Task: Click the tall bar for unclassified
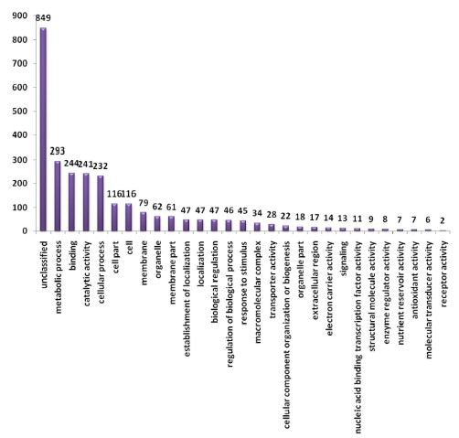click(x=43, y=129)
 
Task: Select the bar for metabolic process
click(x=58, y=196)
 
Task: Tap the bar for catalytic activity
click(x=86, y=202)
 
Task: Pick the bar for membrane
click(x=143, y=221)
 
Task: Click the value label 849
click(x=43, y=18)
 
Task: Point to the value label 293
click(x=58, y=151)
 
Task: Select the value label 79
click(x=144, y=203)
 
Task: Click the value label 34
click(x=257, y=213)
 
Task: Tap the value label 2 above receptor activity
click(x=443, y=220)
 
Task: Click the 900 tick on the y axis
click(x=20, y=16)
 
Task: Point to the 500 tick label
click(x=20, y=112)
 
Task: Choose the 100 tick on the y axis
click(x=20, y=208)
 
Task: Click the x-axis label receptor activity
click(x=443, y=273)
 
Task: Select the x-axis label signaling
click(x=344, y=259)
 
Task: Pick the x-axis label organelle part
click(x=301, y=270)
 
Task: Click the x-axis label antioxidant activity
click(x=415, y=280)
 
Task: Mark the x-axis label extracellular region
click(x=315, y=280)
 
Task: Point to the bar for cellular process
click(x=101, y=203)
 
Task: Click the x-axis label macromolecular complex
click(x=258, y=292)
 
